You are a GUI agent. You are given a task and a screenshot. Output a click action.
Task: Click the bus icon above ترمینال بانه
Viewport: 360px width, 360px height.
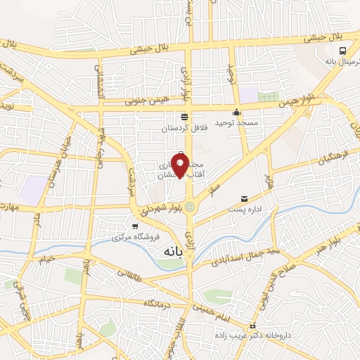click(x=342, y=51)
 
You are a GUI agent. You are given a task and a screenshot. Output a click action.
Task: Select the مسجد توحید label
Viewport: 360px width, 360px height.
click(x=238, y=123)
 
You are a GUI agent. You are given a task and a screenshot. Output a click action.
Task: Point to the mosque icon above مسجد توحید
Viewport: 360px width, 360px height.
click(x=238, y=112)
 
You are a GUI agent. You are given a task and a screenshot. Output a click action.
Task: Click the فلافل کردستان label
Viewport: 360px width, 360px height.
click(x=184, y=129)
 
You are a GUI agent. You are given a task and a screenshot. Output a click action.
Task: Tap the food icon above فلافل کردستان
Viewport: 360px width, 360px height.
click(x=184, y=117)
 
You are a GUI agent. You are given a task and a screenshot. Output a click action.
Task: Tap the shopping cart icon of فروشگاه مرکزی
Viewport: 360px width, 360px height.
click(x=134, y=226)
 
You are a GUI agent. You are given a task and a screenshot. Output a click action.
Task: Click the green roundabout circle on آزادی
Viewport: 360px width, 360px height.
click(x=188, y=207)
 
